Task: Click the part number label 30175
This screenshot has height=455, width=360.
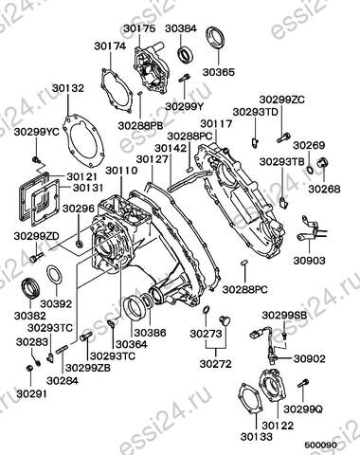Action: [x=139, y=28]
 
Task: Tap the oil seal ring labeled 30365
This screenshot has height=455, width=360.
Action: [x=216, y=38]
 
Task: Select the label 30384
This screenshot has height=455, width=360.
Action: [x=181, y=28]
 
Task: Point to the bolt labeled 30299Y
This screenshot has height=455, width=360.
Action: [x=184, y=78]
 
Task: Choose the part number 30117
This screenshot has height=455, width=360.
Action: [x=216, y=123]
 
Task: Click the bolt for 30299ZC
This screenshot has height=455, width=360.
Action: [x=283, y=137]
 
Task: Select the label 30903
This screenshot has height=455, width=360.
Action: [x=309, y=261]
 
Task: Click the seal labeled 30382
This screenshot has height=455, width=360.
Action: [x=30, y=287]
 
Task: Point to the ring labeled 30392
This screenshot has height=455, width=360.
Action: [x=54, y=275]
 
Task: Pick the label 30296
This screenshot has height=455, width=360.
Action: [x=79, y=209]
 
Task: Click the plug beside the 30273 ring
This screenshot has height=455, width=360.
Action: [x=225, y=319]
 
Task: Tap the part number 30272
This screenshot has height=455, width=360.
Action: [x=215, y=364]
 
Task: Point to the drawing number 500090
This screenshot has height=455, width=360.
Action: [x=320, y=445]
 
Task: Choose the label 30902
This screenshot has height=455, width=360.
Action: [x=309, y=358]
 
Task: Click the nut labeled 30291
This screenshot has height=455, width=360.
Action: [x=29, y=369]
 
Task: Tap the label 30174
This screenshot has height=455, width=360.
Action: [x=110, y=46]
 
